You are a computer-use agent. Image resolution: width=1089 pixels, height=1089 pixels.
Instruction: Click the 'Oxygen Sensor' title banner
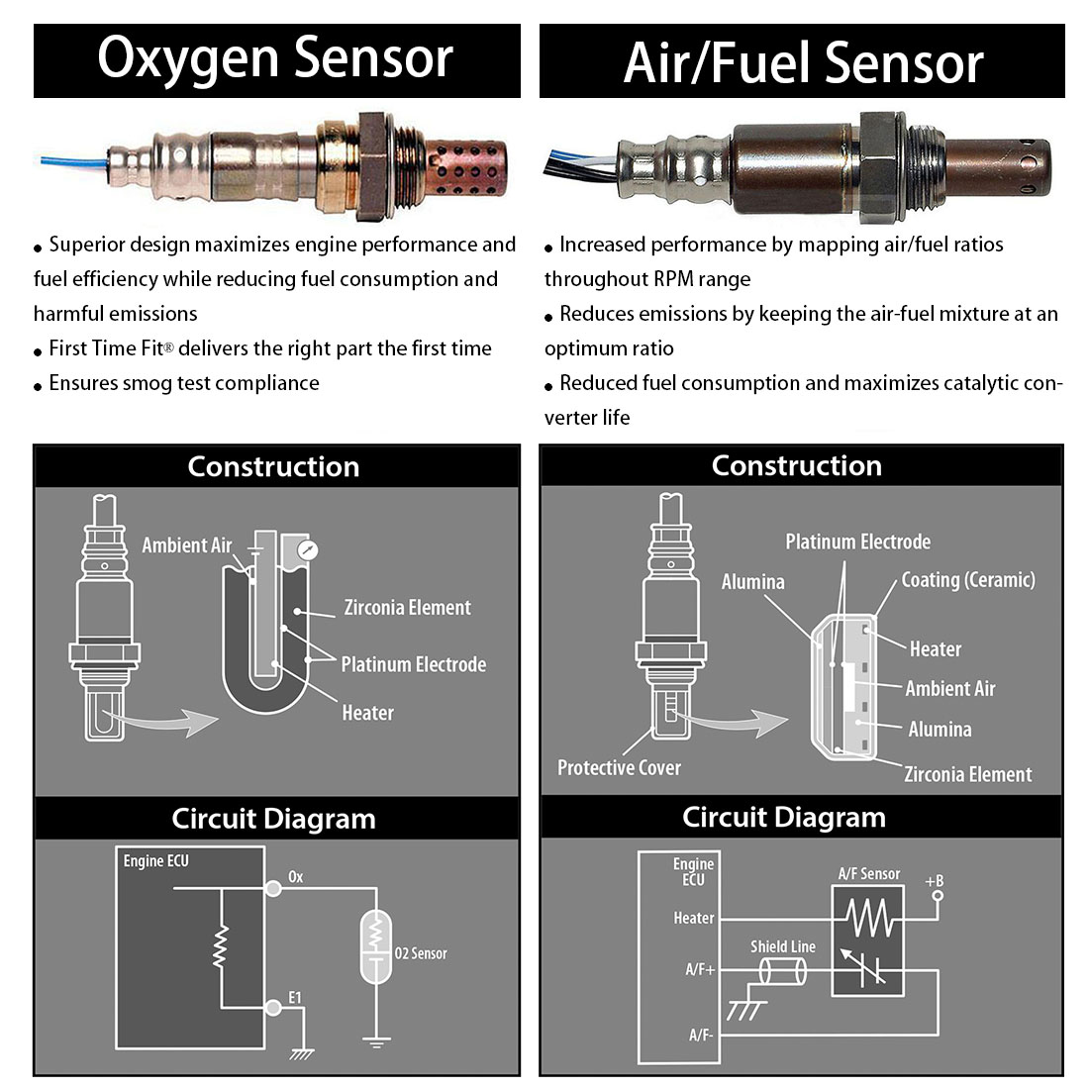tap(275, 59)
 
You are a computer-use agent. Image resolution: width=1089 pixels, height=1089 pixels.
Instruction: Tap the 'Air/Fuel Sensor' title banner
tap(802, 62)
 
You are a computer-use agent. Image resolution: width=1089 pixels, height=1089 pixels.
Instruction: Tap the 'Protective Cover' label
tap(619, 768)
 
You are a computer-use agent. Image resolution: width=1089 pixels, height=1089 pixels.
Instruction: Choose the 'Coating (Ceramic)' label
tap(967, 580)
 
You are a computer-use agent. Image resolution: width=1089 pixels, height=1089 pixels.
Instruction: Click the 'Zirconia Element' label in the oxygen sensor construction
tap(407, 608)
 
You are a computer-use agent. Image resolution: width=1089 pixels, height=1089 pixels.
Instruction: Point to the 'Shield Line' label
tap(782, 946)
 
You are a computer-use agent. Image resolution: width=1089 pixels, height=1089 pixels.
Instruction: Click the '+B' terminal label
tap(934, 880)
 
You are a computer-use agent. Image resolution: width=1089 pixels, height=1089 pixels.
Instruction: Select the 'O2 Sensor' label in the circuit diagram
tap(421, 953)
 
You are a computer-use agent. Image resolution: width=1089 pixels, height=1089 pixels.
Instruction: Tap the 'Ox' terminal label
tap(295, 877)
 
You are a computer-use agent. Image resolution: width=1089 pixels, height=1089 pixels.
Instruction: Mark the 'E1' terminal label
tap(294, 997)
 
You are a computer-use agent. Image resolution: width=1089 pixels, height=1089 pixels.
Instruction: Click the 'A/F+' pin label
tap(699, 969)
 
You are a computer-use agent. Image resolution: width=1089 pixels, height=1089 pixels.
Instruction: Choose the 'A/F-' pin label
tap(700, 1035)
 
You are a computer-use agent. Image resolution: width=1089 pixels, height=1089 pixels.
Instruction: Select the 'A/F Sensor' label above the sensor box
tap(868, 874)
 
